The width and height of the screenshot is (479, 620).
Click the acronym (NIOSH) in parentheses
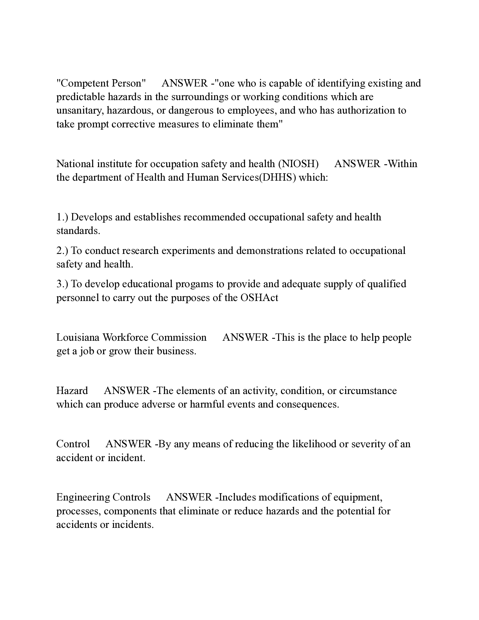298,164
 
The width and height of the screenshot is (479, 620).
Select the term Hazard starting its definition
72,391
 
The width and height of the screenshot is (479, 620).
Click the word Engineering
83,497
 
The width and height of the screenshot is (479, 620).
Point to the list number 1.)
62,217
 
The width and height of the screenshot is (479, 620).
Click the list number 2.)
62,251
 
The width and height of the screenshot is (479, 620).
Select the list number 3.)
62,284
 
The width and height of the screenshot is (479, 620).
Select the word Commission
179,337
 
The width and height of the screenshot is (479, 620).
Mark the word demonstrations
270,251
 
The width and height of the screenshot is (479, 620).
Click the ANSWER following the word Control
128,444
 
